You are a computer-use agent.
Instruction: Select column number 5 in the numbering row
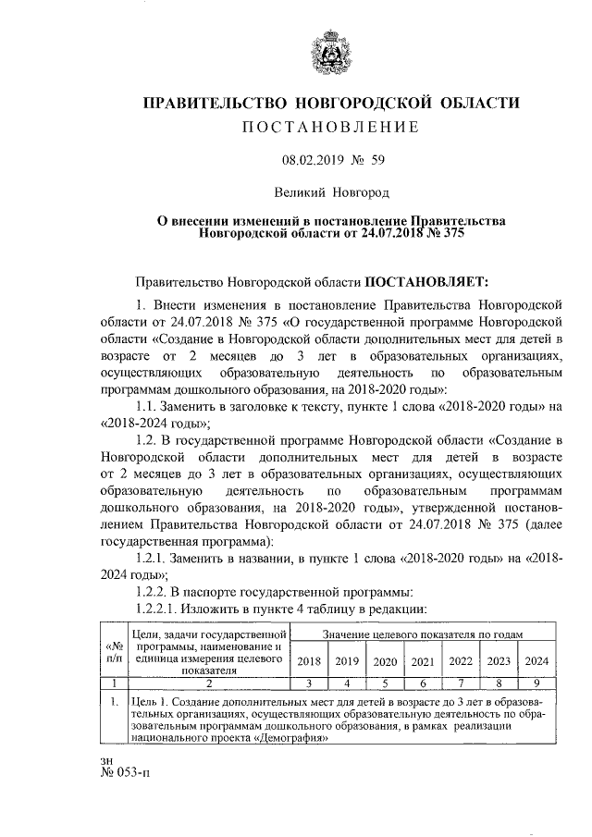(x=384, y=683)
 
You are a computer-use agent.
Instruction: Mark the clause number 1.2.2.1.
(x=162, y=609)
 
